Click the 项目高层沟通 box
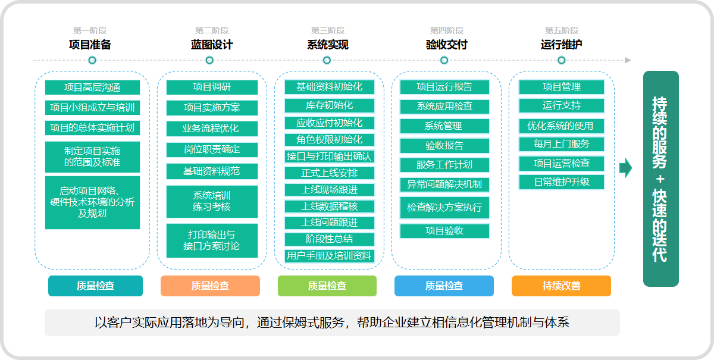pyautogui.click(x=92, y=87)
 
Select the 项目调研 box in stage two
pyautogui.click(x=212, y=87)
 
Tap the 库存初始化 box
pyautogui.click(x=330, y=105)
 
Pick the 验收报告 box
pyautogui.click(x=444, y=146)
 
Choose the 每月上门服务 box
pyautogui.click(x=562, y=144)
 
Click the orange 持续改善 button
pyautogui.click(x=561, y=286)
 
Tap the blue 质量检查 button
pyautogui.click(x=444, y=286)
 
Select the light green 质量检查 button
pyautogui.click(x=327, y=286)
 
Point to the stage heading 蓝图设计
pyautogui.click(x=212, y=45)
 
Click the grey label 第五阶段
pyautogui.click(x=562, y=30)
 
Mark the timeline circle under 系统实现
pyautogui.click(x=327, y=60)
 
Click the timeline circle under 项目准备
pyautogui.click(x=92, y=60)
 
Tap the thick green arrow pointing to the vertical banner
pyautogui.click(x=626, y=168)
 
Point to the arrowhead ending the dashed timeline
pyautogui.click(x=628, y=60)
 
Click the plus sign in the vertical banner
pyautogui.click(x=660, y=179)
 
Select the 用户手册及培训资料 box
pyautogui.click(x=330, y=256)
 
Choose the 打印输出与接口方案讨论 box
pyautogui.click(x=212, y=241)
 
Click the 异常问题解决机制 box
pyautogui.click(x=444, y=184)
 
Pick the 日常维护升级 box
pyautogui.click(x=562, y=182)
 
